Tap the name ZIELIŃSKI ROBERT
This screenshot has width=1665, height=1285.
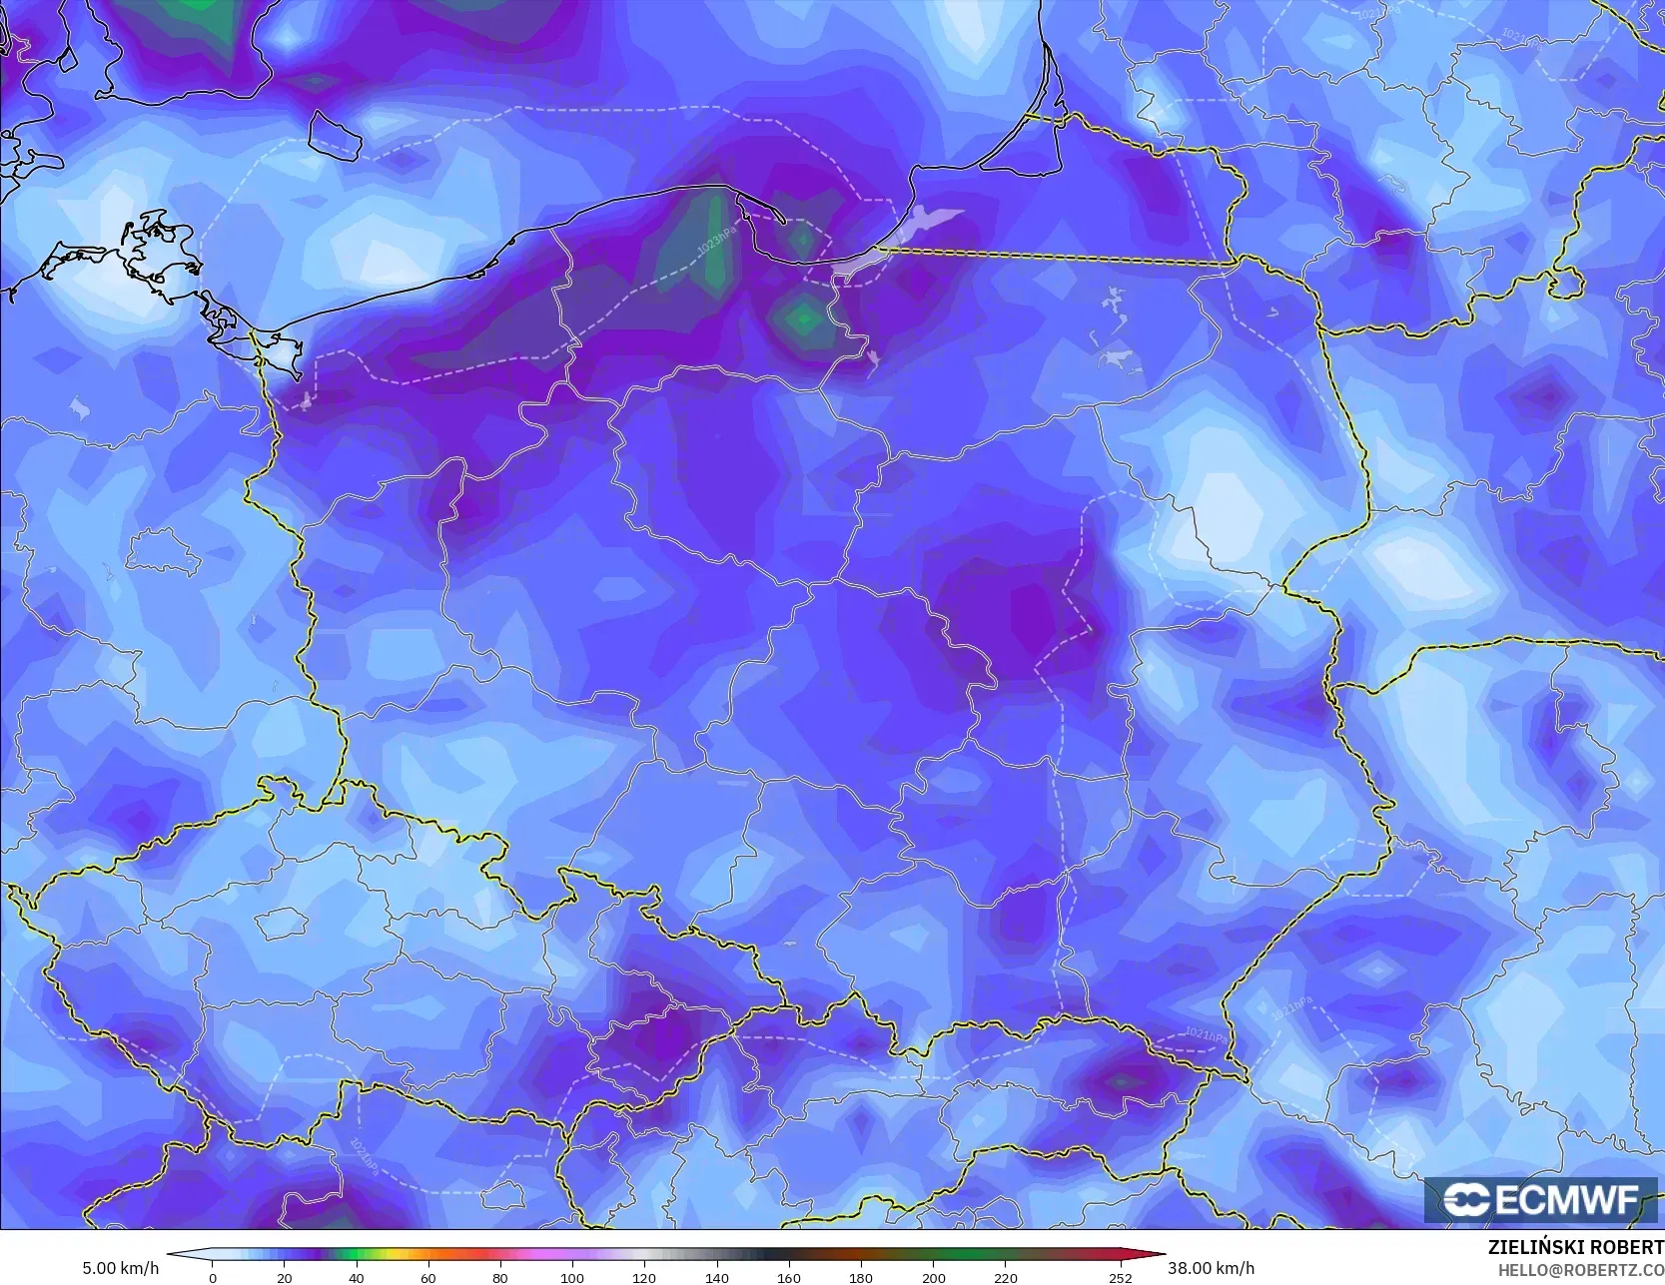[1575, 1248]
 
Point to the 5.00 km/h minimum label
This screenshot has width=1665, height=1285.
[120, 1268]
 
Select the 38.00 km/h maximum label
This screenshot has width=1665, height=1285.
[1211, 1268]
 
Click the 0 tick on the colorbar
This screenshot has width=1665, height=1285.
[212, 1278]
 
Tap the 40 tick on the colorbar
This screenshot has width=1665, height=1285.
[357, 1278]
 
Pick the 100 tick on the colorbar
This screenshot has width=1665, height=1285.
[571, 1278]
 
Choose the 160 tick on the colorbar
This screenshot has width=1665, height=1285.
[788, 1278]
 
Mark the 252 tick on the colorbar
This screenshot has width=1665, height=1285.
[1120, 1278]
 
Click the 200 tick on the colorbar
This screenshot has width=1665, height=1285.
[933, 1278]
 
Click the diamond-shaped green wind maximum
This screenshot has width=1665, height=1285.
[803, 321]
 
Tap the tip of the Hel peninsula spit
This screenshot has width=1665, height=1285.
[783, 221]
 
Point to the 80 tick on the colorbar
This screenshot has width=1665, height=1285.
[499, 1278]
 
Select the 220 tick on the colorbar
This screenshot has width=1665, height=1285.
[1005, 1278]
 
